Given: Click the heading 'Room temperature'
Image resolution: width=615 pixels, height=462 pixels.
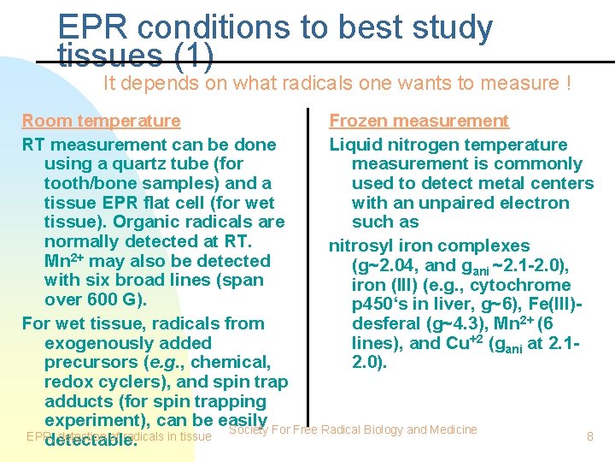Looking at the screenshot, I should (101, 121).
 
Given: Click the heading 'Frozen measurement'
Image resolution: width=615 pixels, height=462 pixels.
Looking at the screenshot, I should (419, 121).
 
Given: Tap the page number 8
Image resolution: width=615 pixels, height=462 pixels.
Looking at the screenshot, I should (589, 436).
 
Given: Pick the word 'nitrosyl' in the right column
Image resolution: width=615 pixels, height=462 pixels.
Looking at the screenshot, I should (361, 246).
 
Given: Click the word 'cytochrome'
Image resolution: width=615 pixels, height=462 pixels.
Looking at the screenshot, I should (522, 285).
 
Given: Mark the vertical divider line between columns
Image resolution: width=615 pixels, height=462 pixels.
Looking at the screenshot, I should (308, 257).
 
